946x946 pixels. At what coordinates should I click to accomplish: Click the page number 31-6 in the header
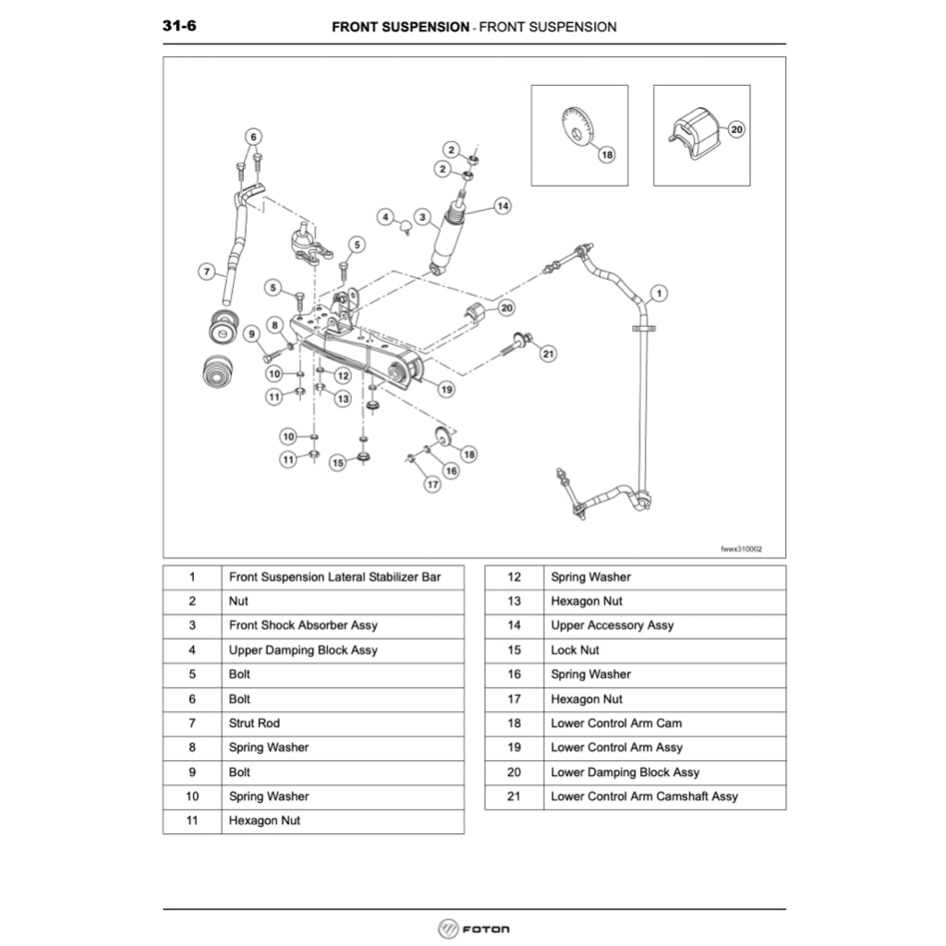(x=179, y=26)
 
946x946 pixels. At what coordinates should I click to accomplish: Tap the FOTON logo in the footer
(x=473, y=928)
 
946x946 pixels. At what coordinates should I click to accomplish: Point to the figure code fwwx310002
(x=741, y=548)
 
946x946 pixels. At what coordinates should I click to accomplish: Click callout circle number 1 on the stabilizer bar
(x=657, y=295)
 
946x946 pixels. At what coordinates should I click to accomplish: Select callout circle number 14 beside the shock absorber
(x=502, y=206)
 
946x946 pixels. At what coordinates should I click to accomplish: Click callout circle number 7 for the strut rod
(x=207, y=272)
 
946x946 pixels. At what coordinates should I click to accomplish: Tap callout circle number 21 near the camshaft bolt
(x=548, y=353)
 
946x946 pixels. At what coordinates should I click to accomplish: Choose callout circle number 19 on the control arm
(x=446, y=390)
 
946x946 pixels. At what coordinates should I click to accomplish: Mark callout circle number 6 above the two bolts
(x=252, y=136)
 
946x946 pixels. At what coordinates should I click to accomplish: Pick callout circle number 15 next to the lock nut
(x=338, y=462)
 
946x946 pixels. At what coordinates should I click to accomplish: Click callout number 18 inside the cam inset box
(x=607, y=155)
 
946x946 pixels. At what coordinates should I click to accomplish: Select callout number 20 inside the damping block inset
(x=736, y=130)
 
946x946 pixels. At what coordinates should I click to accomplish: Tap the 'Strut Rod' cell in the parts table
(x=254, y=723)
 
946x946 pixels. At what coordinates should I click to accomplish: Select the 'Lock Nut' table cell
(x=576, y=650)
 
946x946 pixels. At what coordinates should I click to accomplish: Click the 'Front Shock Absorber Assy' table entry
(x=303, y=625)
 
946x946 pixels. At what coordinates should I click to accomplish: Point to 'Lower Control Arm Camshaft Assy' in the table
(x=644, y=796)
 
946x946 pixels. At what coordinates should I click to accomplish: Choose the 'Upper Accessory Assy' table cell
(x=612, y=625)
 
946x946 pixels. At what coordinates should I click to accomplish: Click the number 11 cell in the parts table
(x=192, y=820)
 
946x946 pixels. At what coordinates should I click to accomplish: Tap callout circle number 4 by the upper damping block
(x=385, y=216)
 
